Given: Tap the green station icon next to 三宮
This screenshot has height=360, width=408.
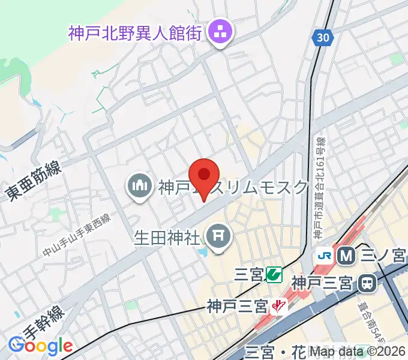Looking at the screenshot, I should pos(274,275).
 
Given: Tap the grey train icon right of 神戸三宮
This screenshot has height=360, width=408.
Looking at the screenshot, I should pos(367,281).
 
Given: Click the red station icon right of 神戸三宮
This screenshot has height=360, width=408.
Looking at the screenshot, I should pos(278,307).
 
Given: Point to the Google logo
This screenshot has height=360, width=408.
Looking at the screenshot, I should pos(40,346).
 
